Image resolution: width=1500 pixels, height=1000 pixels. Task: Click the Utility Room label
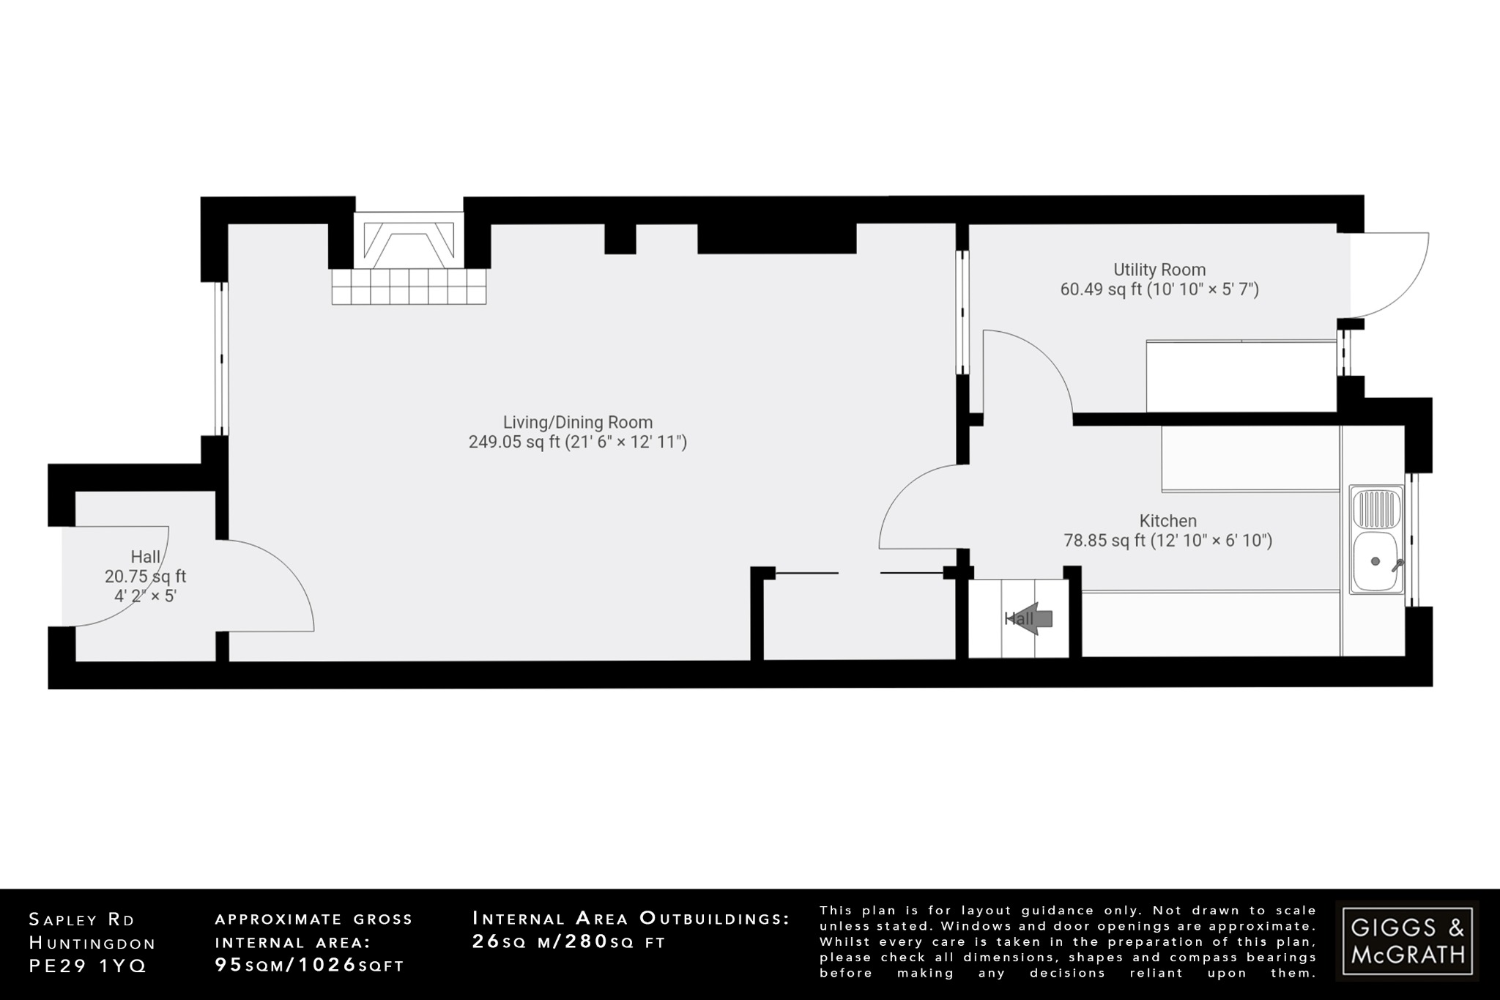[1159, 270]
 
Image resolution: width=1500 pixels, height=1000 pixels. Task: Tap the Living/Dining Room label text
[577, 422]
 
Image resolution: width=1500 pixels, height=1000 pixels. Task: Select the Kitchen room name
[1167, 521]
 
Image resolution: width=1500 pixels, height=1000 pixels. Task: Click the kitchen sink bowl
[1375, 561]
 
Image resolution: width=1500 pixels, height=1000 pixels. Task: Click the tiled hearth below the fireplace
[409, 286]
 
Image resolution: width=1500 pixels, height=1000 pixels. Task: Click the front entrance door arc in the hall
[121, 579]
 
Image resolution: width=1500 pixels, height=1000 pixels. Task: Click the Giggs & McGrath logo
[1407, 941]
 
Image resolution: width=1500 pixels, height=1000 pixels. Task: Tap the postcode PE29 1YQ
[88, 966]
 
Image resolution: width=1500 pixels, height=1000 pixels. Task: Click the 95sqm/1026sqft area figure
[309, 965]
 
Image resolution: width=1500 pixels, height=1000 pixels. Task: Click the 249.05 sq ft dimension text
[577, 442]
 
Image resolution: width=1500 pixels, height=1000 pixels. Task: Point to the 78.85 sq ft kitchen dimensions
[1167, 541]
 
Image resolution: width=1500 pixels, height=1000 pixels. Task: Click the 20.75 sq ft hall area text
[145, 577]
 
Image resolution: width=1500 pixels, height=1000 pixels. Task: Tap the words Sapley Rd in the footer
[82, 919]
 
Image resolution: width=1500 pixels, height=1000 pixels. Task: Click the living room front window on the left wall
[220, 359]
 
